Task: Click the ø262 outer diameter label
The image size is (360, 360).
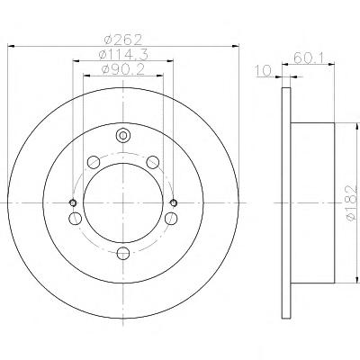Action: (123, 39)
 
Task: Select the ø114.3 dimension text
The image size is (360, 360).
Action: (123, 54)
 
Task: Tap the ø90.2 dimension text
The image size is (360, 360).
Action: (123, 69)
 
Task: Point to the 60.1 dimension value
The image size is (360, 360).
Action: (308, 58)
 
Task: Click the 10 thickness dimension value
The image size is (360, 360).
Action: (263, 71)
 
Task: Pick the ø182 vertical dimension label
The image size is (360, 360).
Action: (352, 203)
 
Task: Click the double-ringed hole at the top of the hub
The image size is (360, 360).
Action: (123, 136)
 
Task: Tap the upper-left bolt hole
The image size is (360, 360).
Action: (94, 162)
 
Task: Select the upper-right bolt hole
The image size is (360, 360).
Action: (152, 162)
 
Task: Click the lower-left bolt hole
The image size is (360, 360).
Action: (75, 218)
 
